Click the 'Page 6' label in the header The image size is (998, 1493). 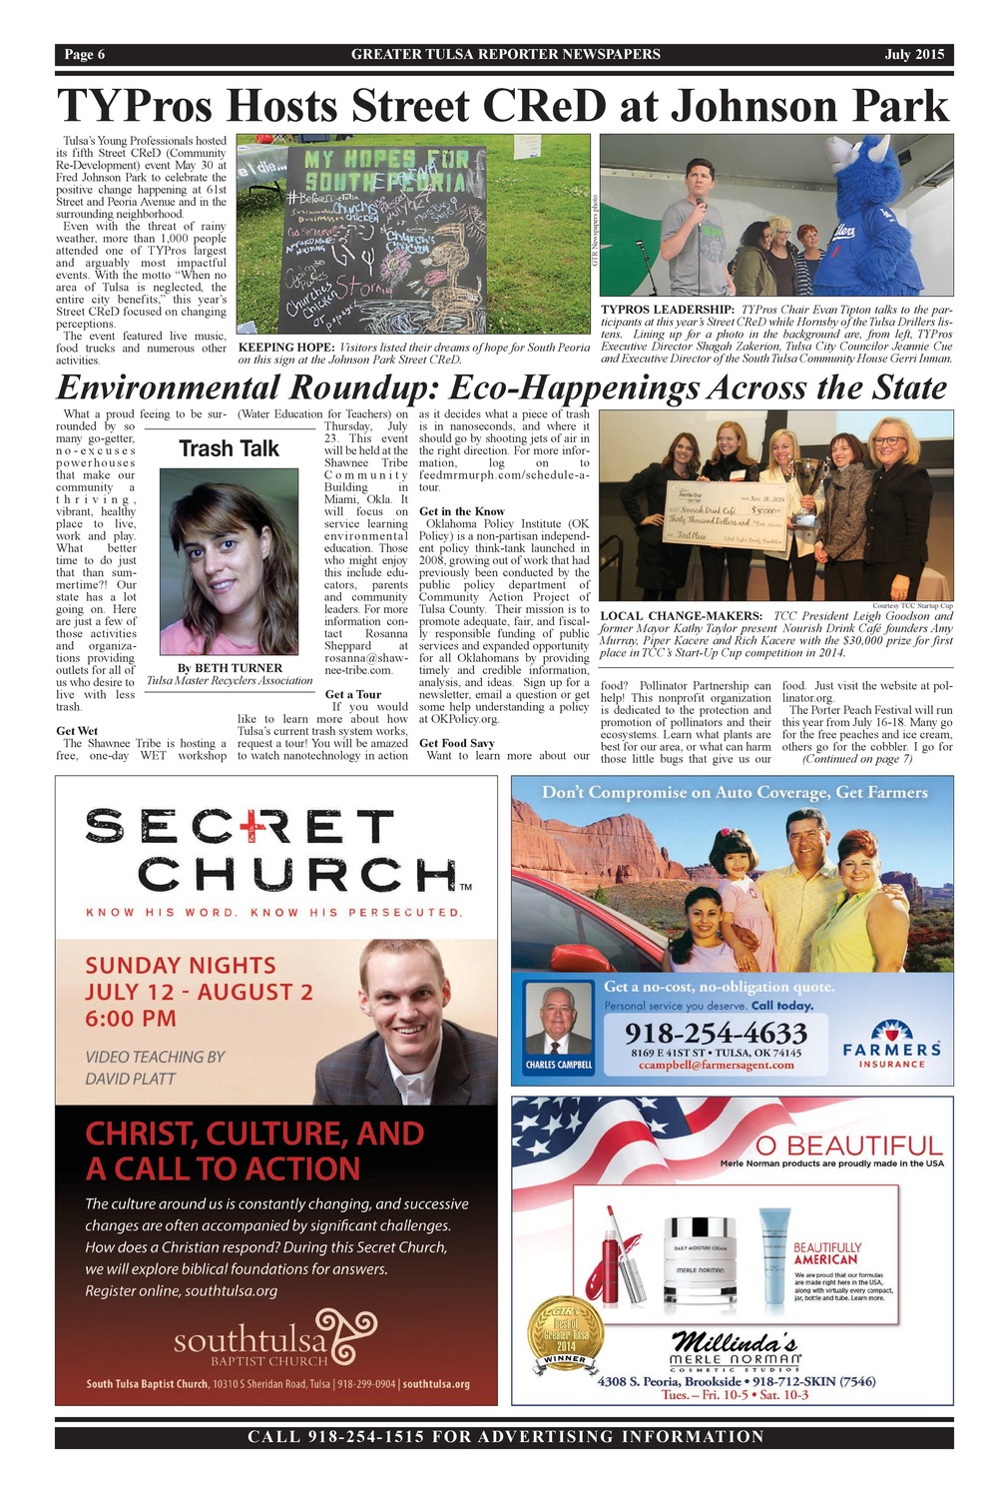pyautogui.click(x=85, y=54)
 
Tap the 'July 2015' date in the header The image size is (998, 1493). pyautogui.click(x=913, y=54)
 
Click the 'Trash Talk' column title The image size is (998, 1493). pyautogui.click(x=229, y=448)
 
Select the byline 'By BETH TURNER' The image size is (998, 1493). pyautogui.click(x=230, y=668)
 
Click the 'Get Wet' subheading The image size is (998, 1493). pyautogui.click(x=77, y=731)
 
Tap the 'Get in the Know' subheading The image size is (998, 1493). pyautogui.click(x=462, y=511)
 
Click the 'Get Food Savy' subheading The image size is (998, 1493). pyautogui.click(x=456, y=743)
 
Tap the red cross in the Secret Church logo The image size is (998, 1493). pyautogui.click(x=247, y=827)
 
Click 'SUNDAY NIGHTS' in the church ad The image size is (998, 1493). pyautogui.click(x=181, y=966)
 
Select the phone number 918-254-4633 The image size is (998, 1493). pyautogui.click(x=716, y=1032)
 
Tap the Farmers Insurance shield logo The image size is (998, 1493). pyautogui.click(x=891, y=1033)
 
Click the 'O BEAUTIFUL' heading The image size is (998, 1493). pyautogui.click(x=848, y=1144)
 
